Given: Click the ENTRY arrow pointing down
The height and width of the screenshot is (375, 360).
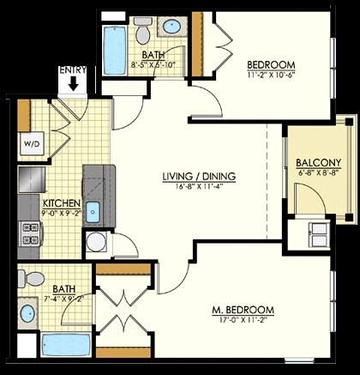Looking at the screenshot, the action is coord(74,83).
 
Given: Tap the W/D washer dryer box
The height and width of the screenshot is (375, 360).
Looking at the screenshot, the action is coord(32,143).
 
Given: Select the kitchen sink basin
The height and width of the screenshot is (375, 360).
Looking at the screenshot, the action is coord(93,212).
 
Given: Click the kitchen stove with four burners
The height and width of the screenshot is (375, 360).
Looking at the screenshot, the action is coord(30,233).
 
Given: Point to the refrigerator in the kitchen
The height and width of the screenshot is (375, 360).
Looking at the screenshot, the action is coord(32,179).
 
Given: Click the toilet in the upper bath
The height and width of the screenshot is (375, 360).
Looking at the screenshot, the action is coord(143,30).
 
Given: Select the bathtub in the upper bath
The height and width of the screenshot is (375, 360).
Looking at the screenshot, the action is coord(114,51).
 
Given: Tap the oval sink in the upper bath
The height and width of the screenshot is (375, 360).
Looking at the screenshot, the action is coord(171,27).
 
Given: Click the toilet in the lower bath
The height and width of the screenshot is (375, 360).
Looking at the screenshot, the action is coord(31,278).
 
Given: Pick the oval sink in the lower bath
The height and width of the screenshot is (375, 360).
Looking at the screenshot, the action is coord(27,314).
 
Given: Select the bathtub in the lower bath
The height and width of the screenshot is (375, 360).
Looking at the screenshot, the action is coord(66,344).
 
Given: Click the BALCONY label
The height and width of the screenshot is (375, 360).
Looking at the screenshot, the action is coord(319,163).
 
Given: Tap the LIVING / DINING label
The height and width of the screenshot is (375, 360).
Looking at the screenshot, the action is coord(199,177).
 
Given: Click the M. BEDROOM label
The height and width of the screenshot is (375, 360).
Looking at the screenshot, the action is coord(243,310).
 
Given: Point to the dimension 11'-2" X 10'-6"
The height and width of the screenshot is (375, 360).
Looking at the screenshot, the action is coord(271,75).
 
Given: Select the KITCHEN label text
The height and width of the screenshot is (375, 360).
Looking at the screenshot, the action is coord(62,203).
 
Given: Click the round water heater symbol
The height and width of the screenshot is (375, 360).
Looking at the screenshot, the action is coord(97,242).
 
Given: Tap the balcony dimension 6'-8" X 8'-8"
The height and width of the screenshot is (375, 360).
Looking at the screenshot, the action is coord(319,172).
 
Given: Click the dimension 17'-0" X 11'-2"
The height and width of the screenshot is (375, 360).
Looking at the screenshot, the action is coord(243,319).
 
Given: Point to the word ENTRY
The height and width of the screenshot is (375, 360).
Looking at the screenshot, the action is coord(73,70).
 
